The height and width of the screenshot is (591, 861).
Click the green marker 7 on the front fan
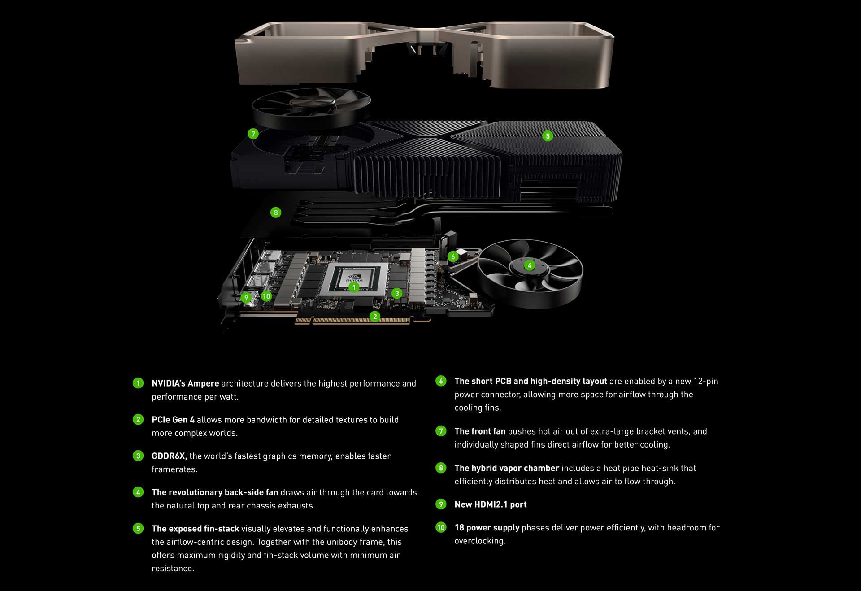(253, 134)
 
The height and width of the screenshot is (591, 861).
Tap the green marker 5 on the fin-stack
(547, 136)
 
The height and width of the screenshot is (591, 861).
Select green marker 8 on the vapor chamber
(276, 213)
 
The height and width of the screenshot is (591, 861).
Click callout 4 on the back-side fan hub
(529, 265)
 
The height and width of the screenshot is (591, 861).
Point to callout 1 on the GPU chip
(354, 287)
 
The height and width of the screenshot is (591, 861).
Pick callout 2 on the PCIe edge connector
(375, 317)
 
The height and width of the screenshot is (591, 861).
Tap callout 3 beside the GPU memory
(396, 294)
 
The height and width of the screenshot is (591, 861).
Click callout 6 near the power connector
(453, 256)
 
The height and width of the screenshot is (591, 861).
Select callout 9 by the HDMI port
(246, 298)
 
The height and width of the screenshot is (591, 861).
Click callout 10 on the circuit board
(266, 296)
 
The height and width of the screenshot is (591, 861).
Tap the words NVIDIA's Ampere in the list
(185, 383)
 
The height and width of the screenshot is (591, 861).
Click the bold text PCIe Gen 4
(173, 420)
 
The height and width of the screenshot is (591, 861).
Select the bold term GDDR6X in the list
(169, 456)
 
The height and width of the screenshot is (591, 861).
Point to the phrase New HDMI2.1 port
(490, 504)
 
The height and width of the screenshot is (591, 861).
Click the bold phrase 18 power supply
(487, 528)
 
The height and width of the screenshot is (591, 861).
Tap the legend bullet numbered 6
(441, 381)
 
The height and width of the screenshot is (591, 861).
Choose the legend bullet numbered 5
(138, 528)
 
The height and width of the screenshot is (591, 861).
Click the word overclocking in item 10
(479, 541)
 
